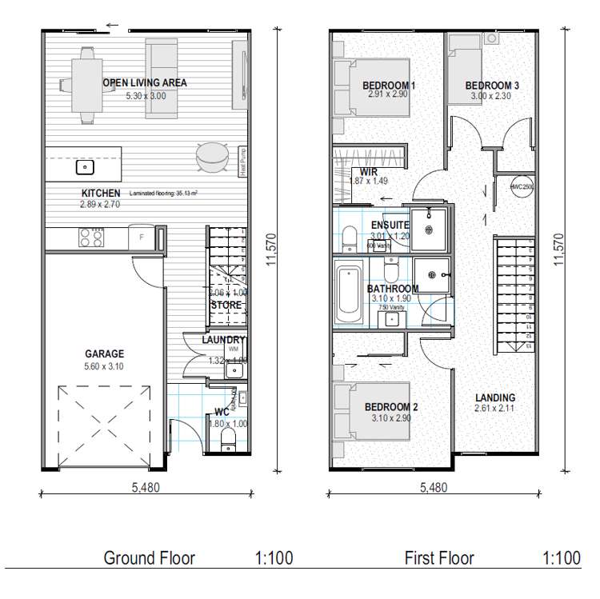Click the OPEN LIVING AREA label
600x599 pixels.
(x=145, y=82)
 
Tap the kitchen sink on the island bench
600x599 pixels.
(x=84, y=168)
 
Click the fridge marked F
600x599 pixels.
(x=142, y=238)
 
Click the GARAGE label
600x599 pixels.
(x=104, y=353)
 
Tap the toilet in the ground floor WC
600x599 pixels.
(x=228, y=436)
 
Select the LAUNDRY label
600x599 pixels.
(x=223, y=340)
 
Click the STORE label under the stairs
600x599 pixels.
(x=226, y=305)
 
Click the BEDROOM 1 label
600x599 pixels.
(x=389, y=85)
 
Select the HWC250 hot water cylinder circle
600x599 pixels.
(x=521, y=186)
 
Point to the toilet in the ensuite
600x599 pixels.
(x=349, y=238)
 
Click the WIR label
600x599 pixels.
(x=369, y=171)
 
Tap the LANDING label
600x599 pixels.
(x=494, y=397)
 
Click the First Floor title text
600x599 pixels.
(x=439, y=558)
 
